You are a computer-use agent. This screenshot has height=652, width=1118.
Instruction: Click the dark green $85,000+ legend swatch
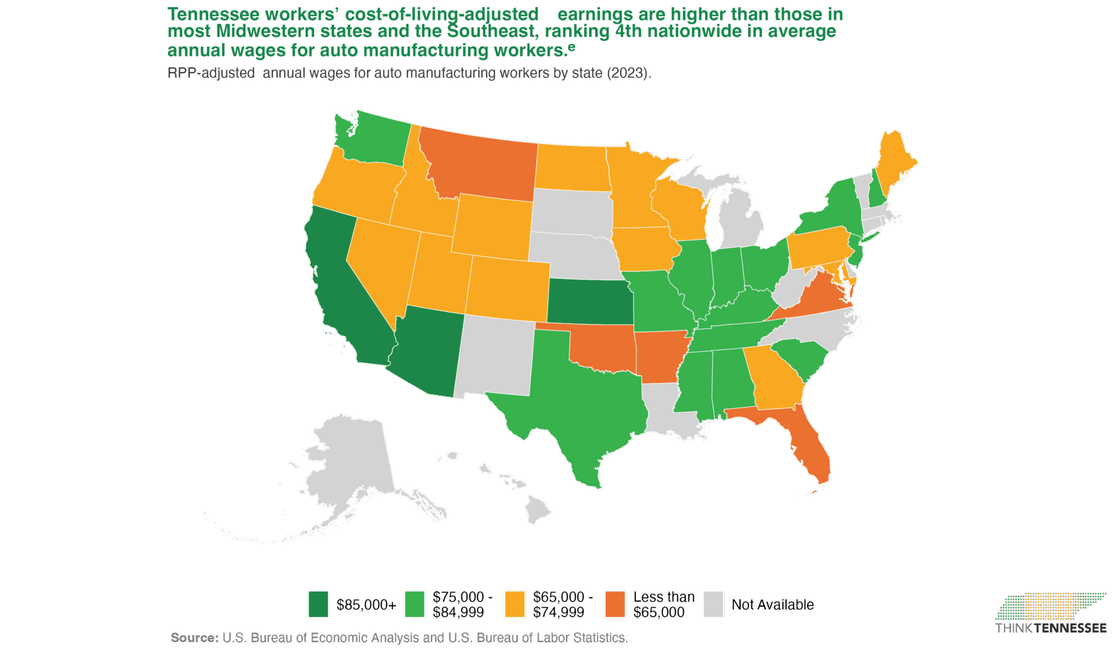pyautogui.click(x=319, y=604)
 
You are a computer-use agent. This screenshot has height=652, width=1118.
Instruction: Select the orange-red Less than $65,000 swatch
pyautogui.click(x=615, y=604)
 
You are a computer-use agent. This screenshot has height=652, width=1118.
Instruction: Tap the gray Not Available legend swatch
pyautogui.click(x=713, y=604)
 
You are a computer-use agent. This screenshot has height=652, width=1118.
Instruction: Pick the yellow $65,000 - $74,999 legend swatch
pyautogui.click(x=515, y=604)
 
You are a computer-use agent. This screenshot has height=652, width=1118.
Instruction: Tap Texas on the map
pyautogui.click(x=571, y=402)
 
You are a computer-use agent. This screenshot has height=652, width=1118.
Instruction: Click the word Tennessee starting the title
pyautogui.click(x=213, y=14)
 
